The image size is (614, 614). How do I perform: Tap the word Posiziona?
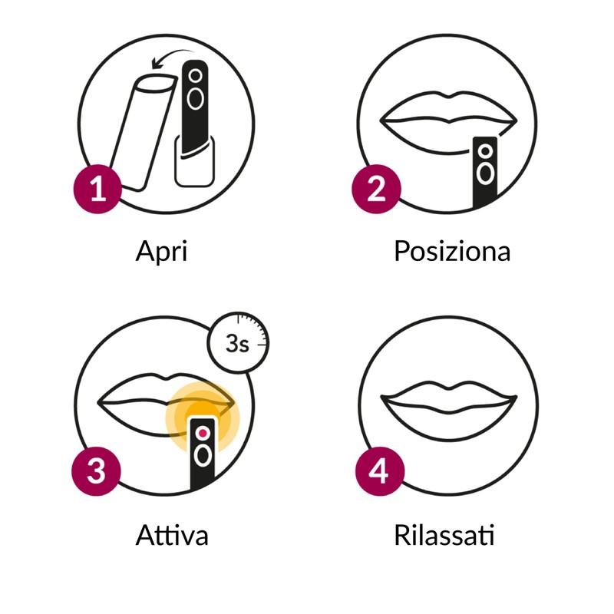pyautogui.click(x=452, y=251)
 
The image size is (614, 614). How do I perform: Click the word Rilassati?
pyautogui.click(x=444, y=534)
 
